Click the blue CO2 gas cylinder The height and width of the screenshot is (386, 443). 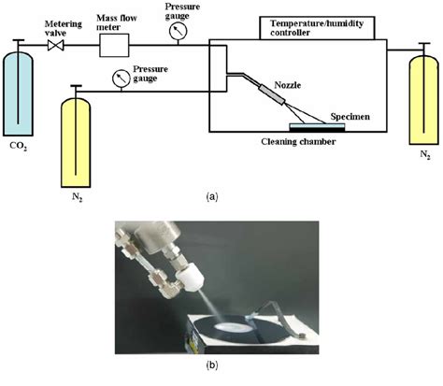tap(18, 93)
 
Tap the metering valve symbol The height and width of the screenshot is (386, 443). tap(56, 46)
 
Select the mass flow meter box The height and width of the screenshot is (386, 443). tap(114, 46)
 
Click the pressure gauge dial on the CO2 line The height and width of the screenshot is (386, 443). tap(178, 31)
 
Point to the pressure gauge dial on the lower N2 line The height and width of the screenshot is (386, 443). tap(121, 79)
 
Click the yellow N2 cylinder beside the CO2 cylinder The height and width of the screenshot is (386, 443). tap(76, 142)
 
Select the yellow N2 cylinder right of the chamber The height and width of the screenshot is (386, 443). tap(423, 100)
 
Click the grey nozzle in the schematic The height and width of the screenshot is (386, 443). tap(272, 94)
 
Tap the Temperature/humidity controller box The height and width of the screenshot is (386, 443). tap(317, 28)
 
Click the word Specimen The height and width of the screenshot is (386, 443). tap(350, 117)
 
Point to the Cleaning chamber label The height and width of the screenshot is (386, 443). tap(298, 142)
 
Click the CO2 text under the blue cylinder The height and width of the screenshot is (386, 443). tap(18, 146)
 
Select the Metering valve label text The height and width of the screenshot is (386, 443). tap(64, 28)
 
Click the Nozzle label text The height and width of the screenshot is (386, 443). tap(288, 85)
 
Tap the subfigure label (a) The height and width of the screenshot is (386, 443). tap(212, 197)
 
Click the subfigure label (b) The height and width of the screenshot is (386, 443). tap(212, 365)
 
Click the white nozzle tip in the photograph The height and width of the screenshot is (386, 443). tap(190, 279)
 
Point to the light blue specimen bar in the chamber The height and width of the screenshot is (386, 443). tap(317, 126)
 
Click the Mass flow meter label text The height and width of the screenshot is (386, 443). tap(117, 22)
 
